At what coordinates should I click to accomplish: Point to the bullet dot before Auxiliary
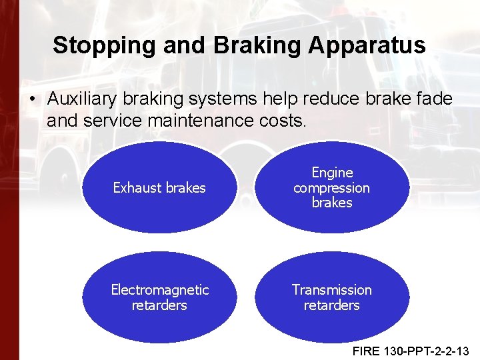tap(32, 100)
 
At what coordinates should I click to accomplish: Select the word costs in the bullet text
tap(280, 121)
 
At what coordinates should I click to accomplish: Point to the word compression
tap(331, 188)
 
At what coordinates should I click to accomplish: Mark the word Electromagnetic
tap(159, 290)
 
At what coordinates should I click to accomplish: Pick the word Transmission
tap(331, 290)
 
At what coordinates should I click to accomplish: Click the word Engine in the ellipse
tap(331, 173)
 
